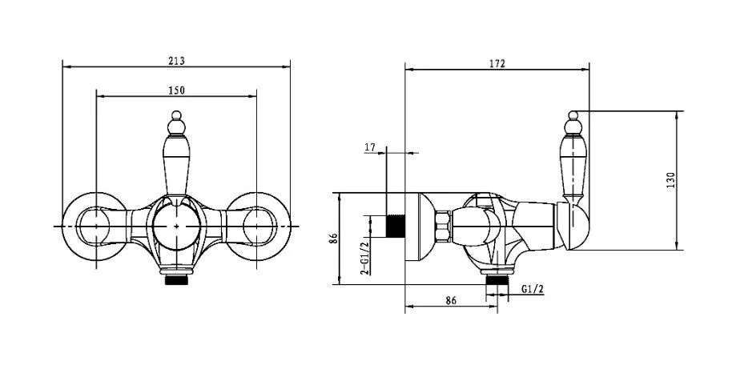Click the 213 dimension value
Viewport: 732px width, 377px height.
pyautogui.click(x=176, y=61)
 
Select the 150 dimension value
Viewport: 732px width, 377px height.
pyautogui.click(x=176, y=90)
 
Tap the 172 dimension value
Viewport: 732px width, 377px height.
pyautogui.click(x=497, y=64)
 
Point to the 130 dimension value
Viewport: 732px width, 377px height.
pyautogui.click(x=671, y=180)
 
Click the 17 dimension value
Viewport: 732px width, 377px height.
pyautogui.click(x=370, y=147)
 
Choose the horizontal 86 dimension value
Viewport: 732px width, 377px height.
pyautogui.click(x=451, y=300)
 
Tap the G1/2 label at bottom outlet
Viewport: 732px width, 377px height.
pyautogui.click(x=533, y=289)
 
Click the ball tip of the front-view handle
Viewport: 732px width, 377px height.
pyautogui.click(x=176, y=114)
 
